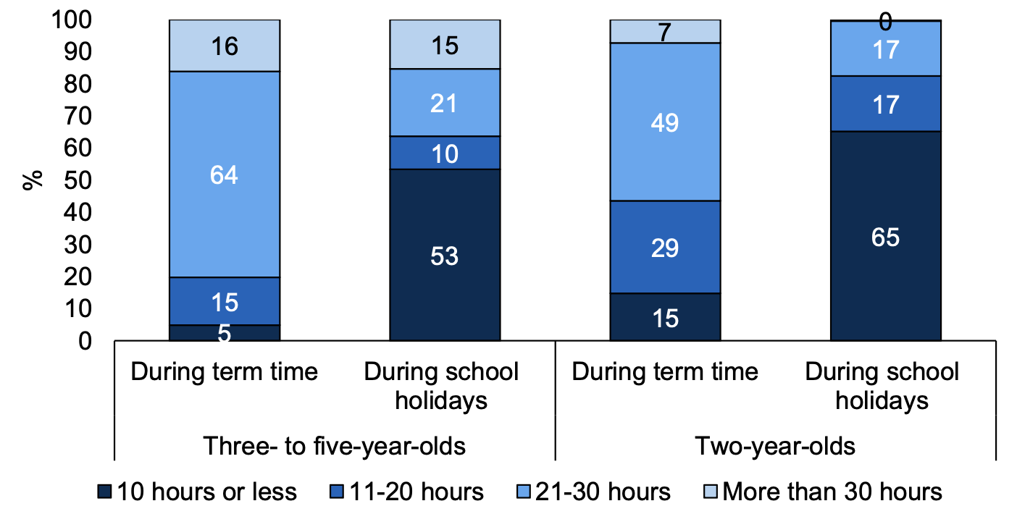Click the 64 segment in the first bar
[225, 174]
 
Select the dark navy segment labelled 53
[445, 255]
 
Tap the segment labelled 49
[665, 122]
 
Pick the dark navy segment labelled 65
[885, 236]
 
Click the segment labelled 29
[665, 247]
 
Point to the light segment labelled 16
[225, 46]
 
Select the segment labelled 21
[445, 103]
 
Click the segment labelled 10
[445, 153]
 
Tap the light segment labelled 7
[665, 32]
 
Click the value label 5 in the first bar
[225, 333]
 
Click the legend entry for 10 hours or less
[198, 492]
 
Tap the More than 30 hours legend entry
[823, 492]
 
